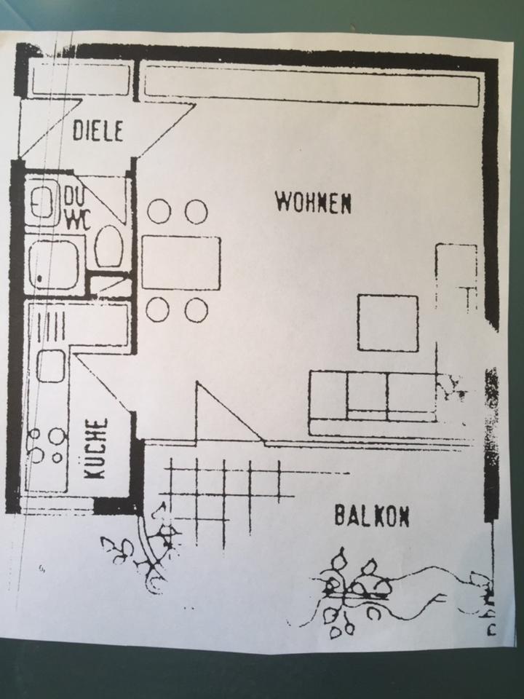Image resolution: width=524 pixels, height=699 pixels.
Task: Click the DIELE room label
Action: point(98,130)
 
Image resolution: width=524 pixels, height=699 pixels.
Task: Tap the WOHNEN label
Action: point(314,202)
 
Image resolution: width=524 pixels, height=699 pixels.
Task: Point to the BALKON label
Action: point(371,516)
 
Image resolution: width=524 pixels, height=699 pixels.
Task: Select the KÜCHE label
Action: point(95,448)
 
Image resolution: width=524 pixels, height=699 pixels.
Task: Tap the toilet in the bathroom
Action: point(108,246)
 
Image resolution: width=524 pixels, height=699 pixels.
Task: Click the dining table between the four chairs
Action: point(180,262)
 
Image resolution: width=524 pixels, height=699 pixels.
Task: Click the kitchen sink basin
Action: point(51,366)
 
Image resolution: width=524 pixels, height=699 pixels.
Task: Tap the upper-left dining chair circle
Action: point(159,212)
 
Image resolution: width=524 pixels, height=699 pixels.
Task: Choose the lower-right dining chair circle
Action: point(196,310)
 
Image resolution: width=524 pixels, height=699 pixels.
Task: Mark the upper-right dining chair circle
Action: point(196,212)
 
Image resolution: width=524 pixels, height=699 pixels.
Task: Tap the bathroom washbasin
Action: point(43,202)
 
